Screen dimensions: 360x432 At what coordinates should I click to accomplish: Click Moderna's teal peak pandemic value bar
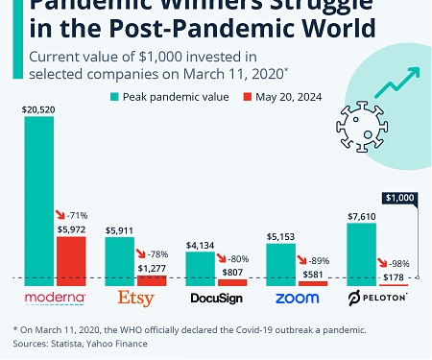point(38,201)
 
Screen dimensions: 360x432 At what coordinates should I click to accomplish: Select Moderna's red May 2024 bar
point(71,260)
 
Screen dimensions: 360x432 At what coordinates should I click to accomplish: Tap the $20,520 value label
point(38,110)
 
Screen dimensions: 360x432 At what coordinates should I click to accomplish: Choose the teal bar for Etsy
point(119,261)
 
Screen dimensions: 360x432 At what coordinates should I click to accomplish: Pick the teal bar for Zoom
point(280,264)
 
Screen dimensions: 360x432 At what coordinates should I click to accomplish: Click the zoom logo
point(297,298)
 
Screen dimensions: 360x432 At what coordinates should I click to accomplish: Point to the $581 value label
point(313,273)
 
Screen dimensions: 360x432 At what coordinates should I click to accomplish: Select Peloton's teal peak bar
point(361,252)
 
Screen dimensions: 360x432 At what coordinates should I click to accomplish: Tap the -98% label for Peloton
point(396,263)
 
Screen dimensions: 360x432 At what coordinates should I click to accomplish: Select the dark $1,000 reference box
point(398,198)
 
